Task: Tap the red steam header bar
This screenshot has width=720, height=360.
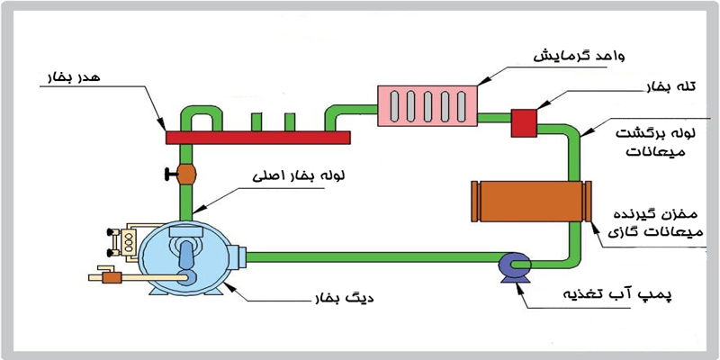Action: (257, 137)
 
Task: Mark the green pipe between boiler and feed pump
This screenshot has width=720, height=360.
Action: (360, 258)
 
